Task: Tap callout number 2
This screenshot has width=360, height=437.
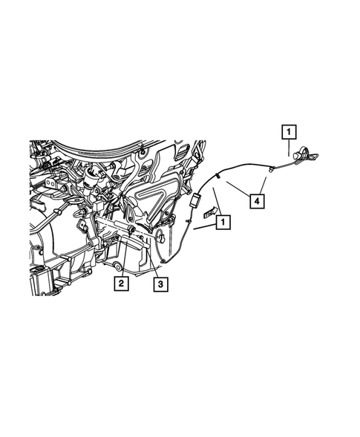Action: [x=119, y=282]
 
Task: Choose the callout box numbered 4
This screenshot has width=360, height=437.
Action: [x=256, y=200]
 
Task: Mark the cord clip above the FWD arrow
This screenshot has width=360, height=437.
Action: [x=217, y=176]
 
